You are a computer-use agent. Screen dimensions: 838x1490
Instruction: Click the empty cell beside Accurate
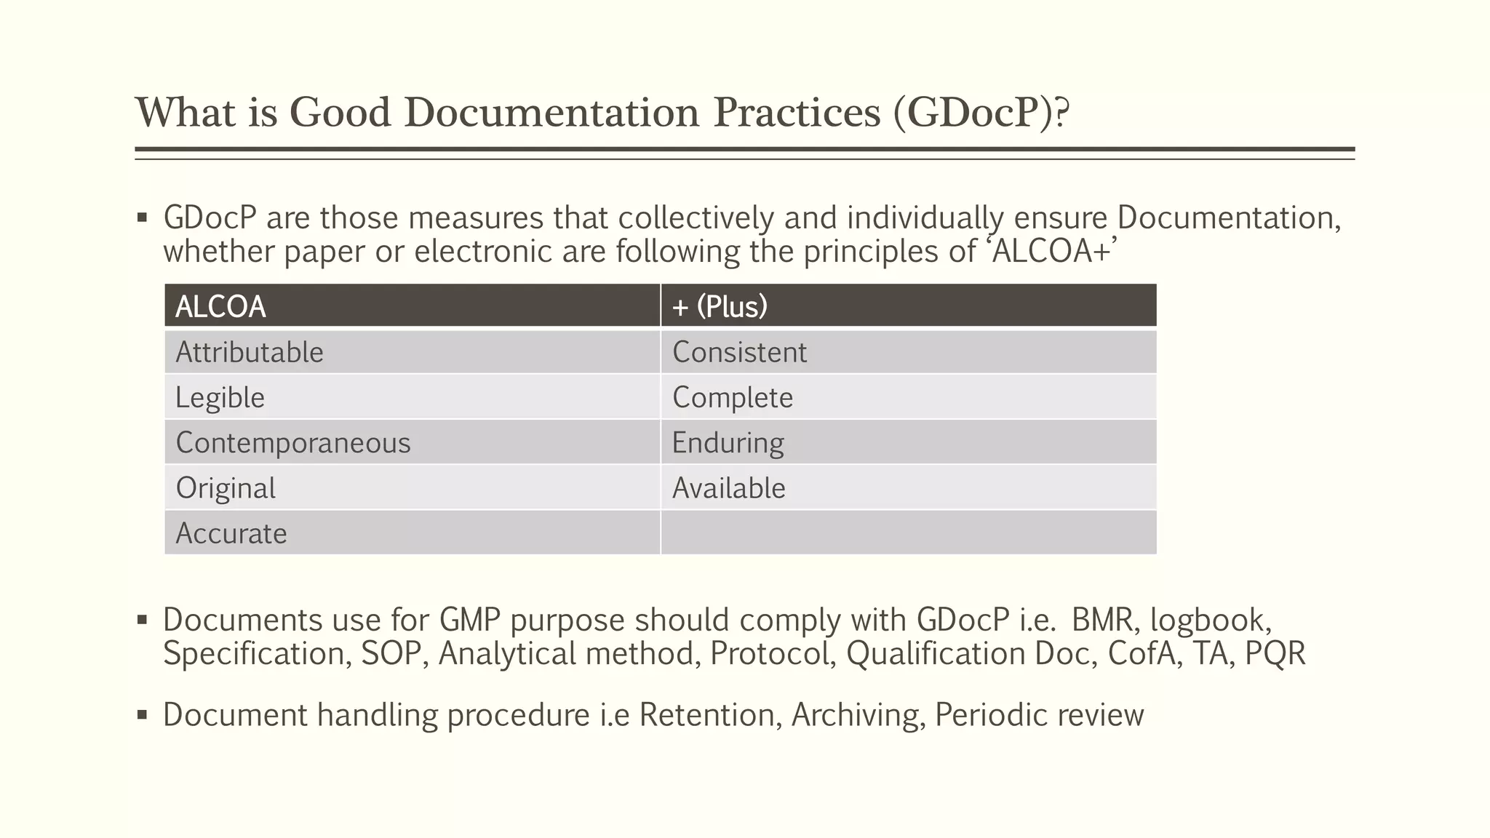click(908, 533)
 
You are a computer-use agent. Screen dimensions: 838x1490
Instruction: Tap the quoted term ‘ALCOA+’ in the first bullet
click(1052, 252)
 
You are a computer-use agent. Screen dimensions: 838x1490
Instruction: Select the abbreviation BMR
click(1101, 620)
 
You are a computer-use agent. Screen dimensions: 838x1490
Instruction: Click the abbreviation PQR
click(1275, 653)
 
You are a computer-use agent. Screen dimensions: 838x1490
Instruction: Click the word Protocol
click(773, 653)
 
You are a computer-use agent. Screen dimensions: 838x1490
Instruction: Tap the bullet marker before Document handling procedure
click(143, 715)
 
